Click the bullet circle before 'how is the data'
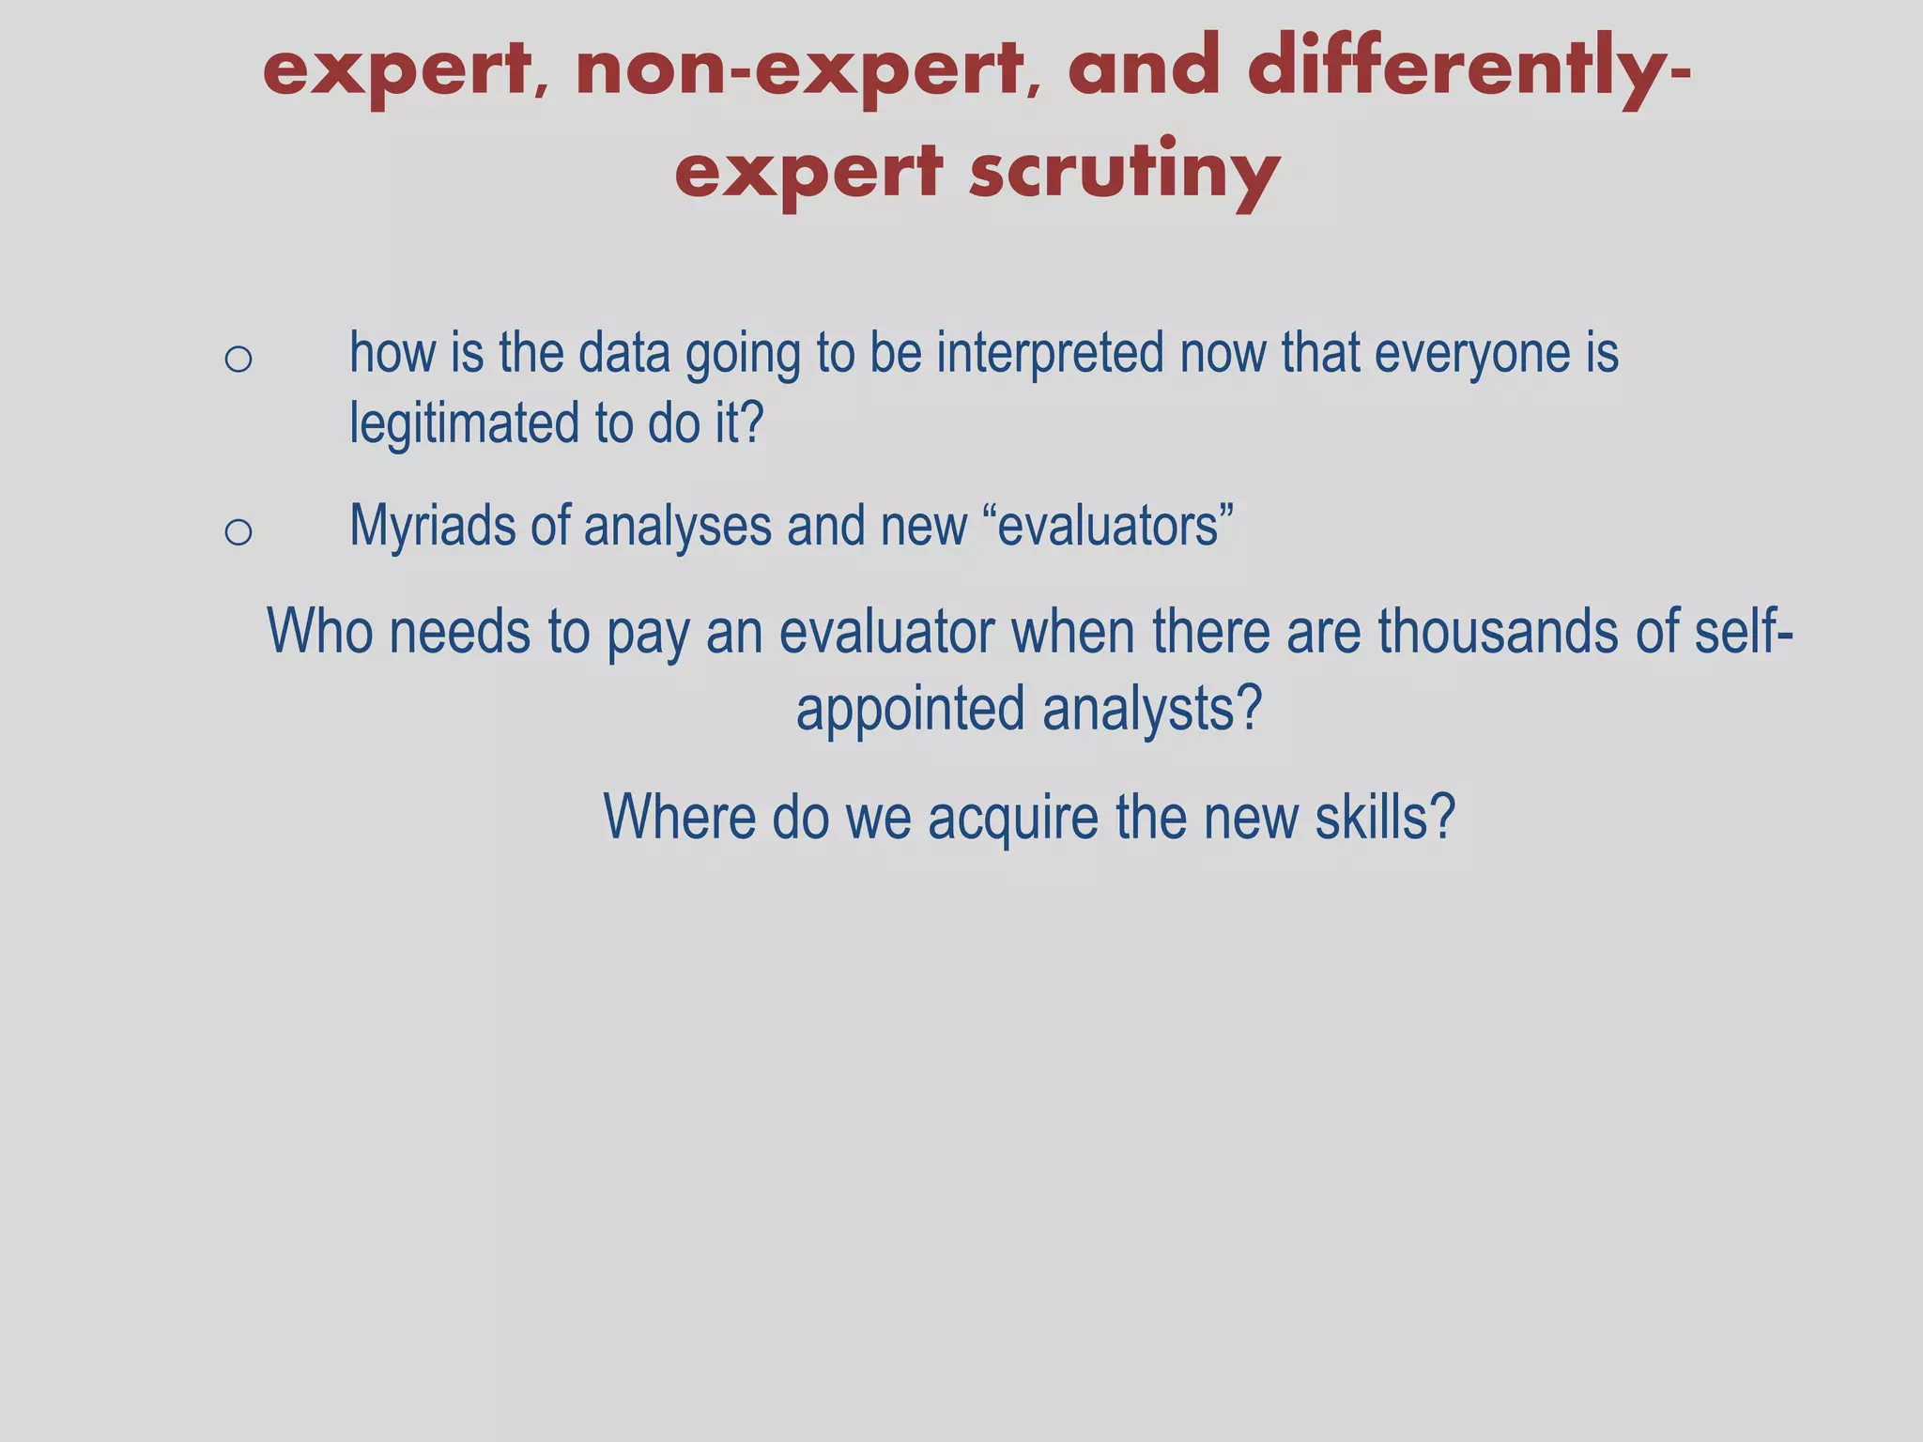pos(238,359)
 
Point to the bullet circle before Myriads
pos(238,532)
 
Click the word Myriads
pos(432,526)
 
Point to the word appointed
pos(910,709)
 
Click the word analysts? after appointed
pos(1152,709)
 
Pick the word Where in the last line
pos(679,817)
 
